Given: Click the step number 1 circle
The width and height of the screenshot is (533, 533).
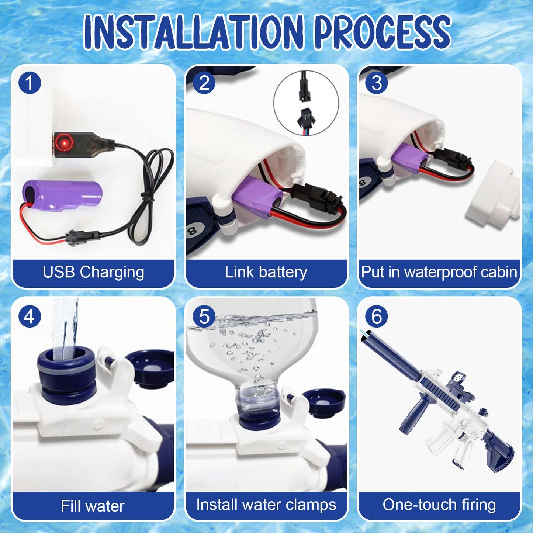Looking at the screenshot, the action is (x=30, y=83).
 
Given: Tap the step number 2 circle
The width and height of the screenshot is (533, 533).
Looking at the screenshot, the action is (x=204, y=83).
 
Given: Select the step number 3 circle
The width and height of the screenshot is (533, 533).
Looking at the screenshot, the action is (x=377, y=83).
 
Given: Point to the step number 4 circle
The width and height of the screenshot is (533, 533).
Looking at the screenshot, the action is (x=30, y=316).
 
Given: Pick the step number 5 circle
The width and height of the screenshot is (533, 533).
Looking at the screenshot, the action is (x=204, y=316).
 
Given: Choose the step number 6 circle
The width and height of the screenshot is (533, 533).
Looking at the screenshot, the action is (x=377, y=316).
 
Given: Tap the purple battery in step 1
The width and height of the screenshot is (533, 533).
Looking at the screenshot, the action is (x=62, y=194).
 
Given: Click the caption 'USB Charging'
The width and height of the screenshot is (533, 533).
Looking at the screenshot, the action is (x=93, y=273).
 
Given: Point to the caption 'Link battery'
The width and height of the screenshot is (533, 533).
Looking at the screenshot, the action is (x=266, y=273).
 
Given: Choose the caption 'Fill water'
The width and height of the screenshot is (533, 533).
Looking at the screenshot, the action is (x=93, y=506).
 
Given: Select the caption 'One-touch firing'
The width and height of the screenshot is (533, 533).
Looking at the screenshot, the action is (x=439, y=505).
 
